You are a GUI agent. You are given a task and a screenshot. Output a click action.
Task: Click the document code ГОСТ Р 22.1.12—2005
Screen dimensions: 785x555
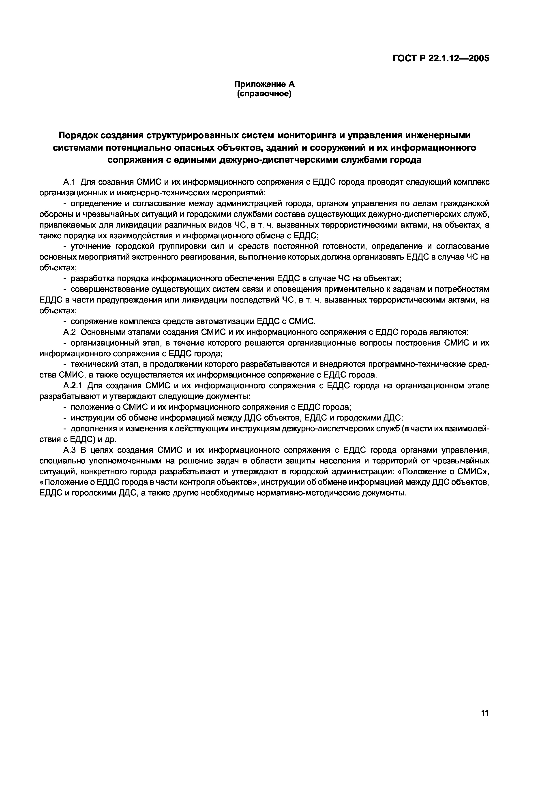[x=440, y=58]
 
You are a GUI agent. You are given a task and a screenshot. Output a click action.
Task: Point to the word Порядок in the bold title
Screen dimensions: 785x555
[x=77, y=136]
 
